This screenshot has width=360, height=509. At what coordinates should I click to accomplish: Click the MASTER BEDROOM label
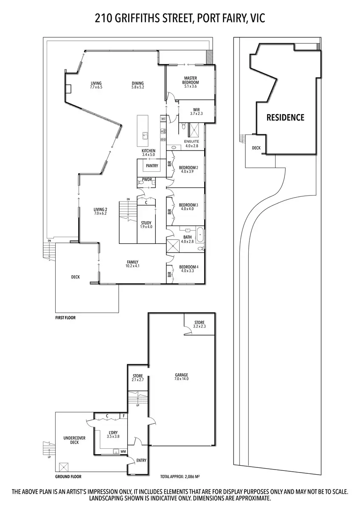191,81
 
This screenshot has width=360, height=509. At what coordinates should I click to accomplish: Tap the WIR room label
197,112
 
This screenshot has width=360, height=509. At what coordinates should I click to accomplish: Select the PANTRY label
152,166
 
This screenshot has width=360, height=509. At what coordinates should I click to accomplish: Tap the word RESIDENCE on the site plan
285,117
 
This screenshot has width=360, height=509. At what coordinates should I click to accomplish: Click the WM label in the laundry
123,451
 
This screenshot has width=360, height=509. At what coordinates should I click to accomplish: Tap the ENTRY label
141,460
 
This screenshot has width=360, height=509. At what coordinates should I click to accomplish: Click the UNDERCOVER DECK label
71,440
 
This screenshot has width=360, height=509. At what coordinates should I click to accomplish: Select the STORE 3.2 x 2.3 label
199,324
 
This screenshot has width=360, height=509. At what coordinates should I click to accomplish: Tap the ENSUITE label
191,142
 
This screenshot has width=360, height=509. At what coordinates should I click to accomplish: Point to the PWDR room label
147,180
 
